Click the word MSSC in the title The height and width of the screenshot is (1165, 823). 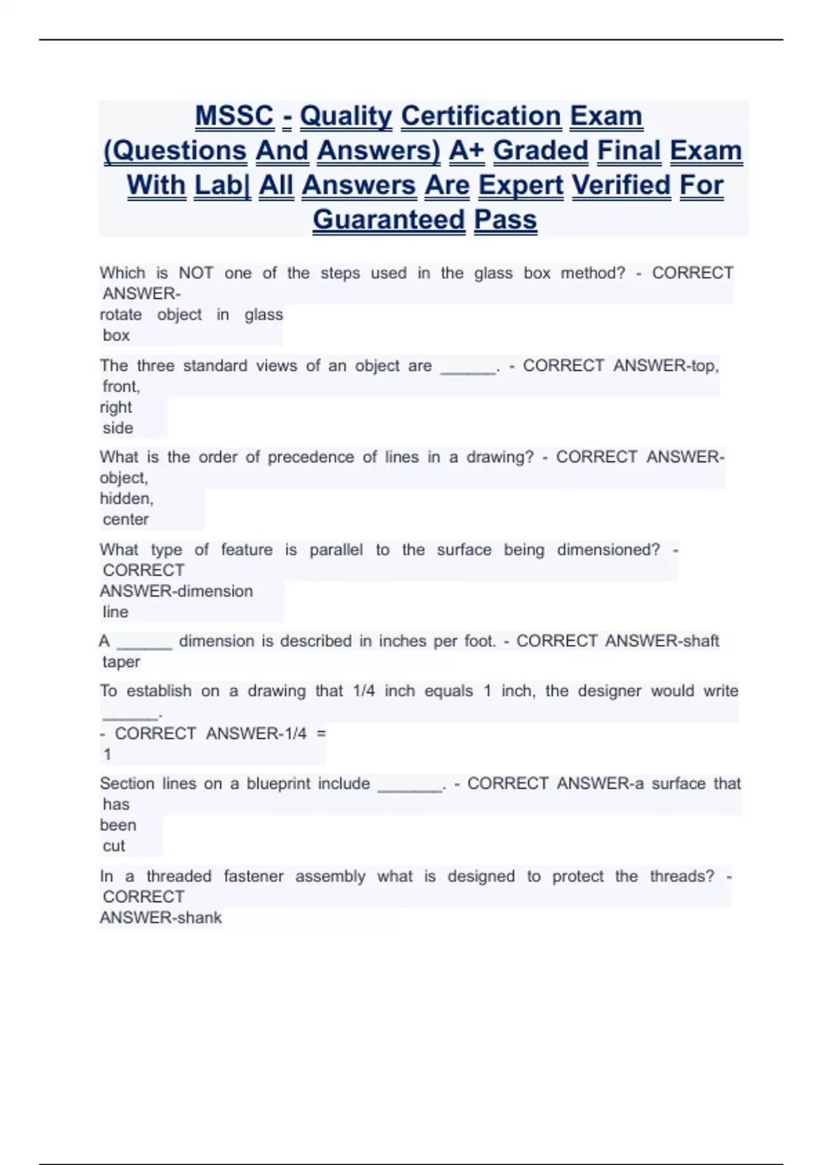pyautogui.click(x=234, y=116)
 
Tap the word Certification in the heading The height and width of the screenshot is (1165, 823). pyautogui.click(x=481, y=116)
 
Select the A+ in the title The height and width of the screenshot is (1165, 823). pyautogui.click(x=466, y=151)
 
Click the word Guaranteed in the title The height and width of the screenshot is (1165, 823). pyautogui.click(x=389, y=220)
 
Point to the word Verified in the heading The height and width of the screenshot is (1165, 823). pyautogui.click(x=621, y=185)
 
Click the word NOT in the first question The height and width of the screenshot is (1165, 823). pyautogui.click(x=195, y=273)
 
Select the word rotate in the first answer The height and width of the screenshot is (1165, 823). pyautogui.click(x=121, y=315)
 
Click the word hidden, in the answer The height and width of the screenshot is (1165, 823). pyautogui.click(x=126, y=498)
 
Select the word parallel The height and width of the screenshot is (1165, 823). pyautogui.click(x=336, y=550)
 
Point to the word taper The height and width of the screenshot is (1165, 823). pyautogui.click(x=121, y=662)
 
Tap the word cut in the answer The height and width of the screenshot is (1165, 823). pyautogui.click(x=114, y=846)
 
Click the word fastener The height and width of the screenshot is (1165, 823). pyautogui.click(x=253, y=876)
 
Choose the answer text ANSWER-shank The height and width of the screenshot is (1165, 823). pyautogui.click(x=160, y=918)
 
